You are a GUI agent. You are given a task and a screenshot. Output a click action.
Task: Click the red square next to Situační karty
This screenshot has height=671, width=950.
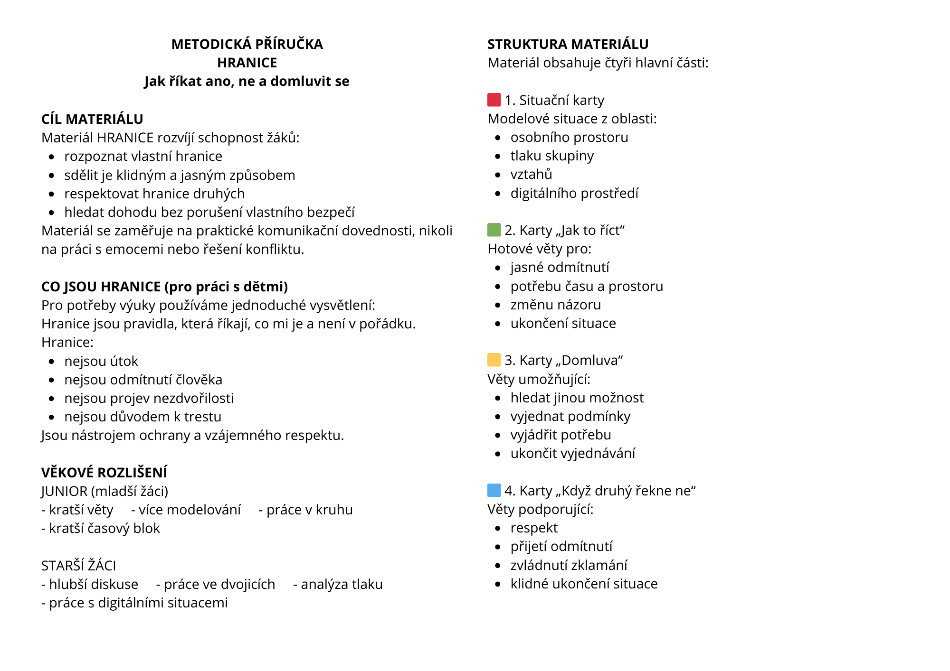494,100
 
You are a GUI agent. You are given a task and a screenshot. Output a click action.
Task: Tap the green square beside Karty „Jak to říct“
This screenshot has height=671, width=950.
494,230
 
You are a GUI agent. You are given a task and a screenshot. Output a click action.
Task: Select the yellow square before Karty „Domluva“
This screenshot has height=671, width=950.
494,360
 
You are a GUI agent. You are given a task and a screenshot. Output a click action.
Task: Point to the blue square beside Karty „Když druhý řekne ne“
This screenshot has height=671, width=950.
494,490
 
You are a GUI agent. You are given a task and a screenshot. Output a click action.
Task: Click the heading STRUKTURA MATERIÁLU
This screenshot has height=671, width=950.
568,44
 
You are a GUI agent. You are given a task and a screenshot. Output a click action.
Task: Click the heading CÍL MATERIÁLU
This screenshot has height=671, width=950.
92,119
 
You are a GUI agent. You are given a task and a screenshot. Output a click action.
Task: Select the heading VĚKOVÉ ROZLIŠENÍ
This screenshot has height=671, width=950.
104,473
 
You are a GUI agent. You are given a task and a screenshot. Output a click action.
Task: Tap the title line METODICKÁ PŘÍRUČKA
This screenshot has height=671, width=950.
247,44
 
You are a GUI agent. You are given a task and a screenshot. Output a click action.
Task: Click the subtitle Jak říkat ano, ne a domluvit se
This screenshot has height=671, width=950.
247,82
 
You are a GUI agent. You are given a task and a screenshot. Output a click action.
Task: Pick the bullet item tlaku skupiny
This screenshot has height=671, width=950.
552,156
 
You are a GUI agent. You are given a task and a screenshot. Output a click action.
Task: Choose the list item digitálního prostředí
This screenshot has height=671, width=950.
574,193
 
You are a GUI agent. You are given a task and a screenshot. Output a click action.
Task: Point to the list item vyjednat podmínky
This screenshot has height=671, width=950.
570,416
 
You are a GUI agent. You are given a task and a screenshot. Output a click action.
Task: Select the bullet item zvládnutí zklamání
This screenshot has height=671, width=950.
569,565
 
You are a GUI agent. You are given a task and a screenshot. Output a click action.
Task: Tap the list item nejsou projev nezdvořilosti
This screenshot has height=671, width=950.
149,398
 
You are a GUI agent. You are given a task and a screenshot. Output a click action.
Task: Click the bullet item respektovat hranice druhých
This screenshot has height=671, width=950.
154,194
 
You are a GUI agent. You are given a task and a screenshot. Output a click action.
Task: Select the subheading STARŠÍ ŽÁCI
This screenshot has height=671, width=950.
79,566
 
